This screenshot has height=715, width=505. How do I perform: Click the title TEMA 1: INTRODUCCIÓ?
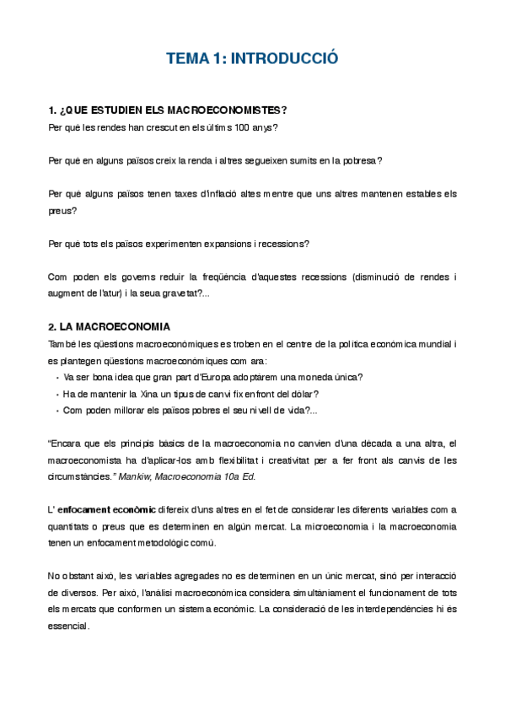[x=252, y=59]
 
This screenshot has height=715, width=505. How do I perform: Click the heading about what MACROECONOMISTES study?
[x=169, y=110]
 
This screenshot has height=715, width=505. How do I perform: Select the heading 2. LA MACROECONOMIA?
[x=110, y=326]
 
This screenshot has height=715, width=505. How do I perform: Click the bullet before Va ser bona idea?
[x=56, y=377]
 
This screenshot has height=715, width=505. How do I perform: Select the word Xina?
[x=142, y=393]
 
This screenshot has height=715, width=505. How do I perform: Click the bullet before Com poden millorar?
[x=56, y=410]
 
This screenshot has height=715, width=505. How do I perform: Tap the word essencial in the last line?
[x=69, y=626]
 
